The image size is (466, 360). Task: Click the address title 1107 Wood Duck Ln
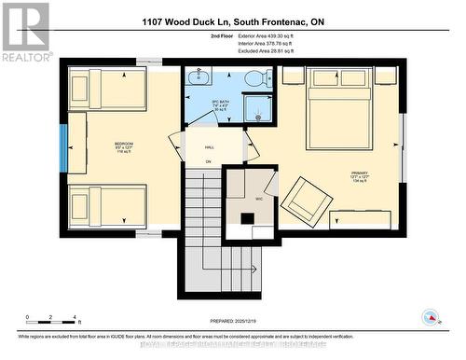[x=233, y=20]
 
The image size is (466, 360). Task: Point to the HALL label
[x=209, y=145]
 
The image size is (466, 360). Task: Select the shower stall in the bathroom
[x=256, y=110]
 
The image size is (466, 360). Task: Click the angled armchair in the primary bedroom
[x=303, y=199]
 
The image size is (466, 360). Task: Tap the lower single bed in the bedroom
[x=108, y=204]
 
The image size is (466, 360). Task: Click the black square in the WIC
[x=247, y=220]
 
